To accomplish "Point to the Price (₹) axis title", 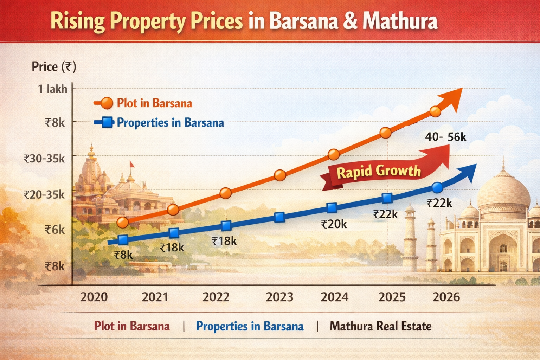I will click(x=54, y=66).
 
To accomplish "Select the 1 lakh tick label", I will click(x=52, y=89).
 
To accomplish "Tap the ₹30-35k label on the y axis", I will click(x=44, y=159).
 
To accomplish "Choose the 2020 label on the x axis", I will click(x=94, y=297).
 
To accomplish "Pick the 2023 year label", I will click(x=279, y=297).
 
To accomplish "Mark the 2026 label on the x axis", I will click(x=446, y=297).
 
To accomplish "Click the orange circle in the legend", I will click(x=107, y=103).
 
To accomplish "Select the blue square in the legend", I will click(x=107, y=123).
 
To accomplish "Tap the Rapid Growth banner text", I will click(x=379, y=172).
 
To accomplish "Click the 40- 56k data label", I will click(x=445, y=137).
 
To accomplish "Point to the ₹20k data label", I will click(x=334, y=224).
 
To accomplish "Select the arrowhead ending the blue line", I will click(x=470, y=172).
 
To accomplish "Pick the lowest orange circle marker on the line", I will click(x=122, y=222).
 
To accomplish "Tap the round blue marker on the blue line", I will click(x=437, y=188).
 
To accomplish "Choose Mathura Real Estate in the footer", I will click(x=380, y=326).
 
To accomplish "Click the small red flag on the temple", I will click(x=132, y=164).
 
